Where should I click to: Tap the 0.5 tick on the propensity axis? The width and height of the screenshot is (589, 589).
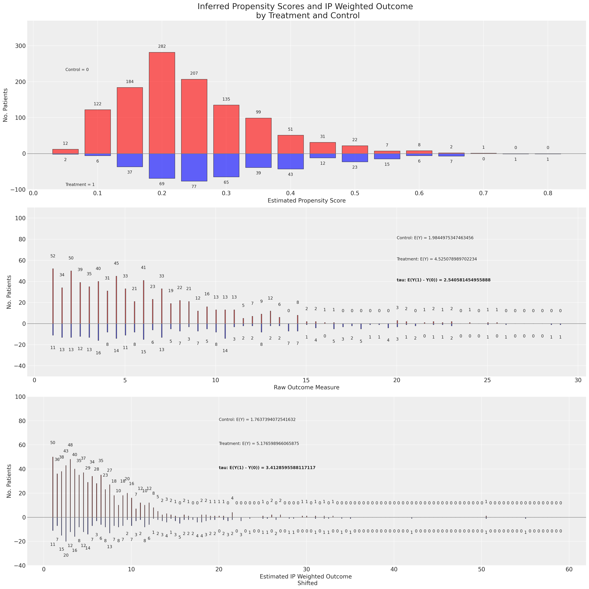(x=355, y=193)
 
